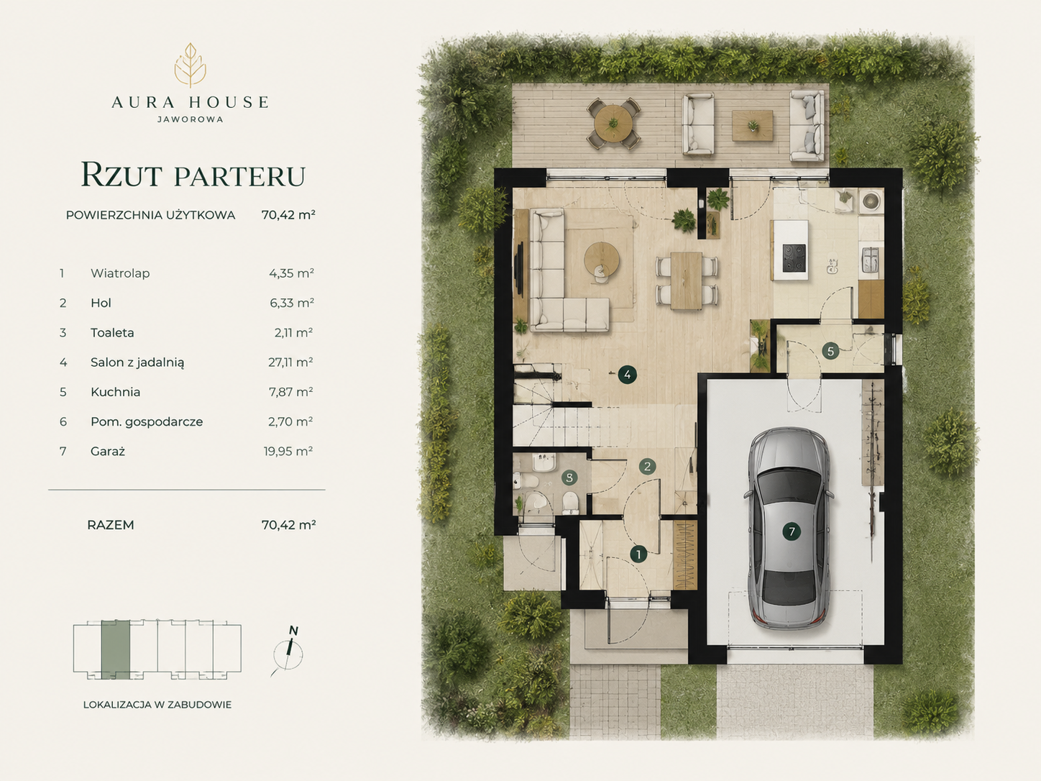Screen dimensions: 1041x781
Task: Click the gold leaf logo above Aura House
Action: tap(191, 65)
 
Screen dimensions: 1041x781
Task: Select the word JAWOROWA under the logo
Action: tap(191, 119)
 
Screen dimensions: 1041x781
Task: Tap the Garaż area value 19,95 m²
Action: tap(288, 451)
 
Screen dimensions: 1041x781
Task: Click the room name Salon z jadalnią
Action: tap(137, 362)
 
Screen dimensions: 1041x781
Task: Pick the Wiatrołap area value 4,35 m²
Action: tap(291, 273)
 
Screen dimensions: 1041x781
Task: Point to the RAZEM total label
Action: tap(111, 525)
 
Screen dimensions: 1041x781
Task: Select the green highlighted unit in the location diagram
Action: tap(116, 649)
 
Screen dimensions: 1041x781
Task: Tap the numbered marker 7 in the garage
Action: tap(792, 531)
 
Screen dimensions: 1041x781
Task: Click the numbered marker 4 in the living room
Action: tap(628, 375)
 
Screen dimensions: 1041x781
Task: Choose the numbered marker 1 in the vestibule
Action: tap(639, 554)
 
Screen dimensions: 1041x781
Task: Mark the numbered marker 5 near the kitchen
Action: tap(830, 352)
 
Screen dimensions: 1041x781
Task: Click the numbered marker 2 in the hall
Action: tap(647, 466)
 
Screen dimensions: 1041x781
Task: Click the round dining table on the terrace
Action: tap(613, 123)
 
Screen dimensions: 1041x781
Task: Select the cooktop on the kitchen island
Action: tap(794, 258)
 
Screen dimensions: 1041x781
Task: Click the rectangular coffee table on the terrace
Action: tap(752, 126)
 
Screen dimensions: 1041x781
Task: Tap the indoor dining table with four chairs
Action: tap(687, 280)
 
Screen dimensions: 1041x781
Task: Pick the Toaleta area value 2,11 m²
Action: tap(293, 332)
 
